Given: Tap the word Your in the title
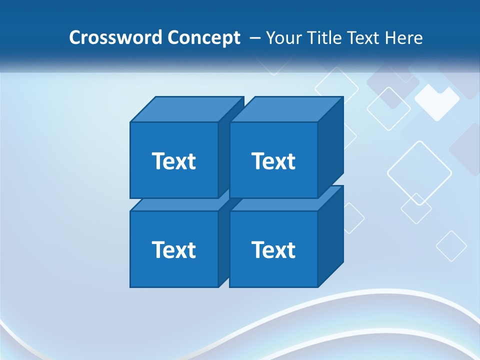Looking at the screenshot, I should pyautogui.click(x=283, y=38).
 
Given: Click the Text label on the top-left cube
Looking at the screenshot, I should pyautogui.click(x=173, y=161).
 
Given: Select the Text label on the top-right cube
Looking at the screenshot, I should pyautogui.click(x=273, y=161).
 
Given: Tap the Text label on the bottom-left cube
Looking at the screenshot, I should pyautogui.click(x=173, y=249).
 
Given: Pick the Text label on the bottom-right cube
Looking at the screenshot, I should pyautogui.click(x=273, y=249).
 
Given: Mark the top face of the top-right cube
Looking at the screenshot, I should pyautogui.click(x=286, y=109).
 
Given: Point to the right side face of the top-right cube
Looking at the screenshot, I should pyautogui.click(x=330, y=147).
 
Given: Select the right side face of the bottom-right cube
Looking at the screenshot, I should pyautogui.click(x=330, y=236).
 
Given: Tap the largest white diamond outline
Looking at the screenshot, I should pyautogui.click(x=419, y=173).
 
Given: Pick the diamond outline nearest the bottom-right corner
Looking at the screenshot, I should pyautogui.click(x=451, y=245).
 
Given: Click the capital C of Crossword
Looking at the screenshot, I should pyautogui.click(x=74, y=38).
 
